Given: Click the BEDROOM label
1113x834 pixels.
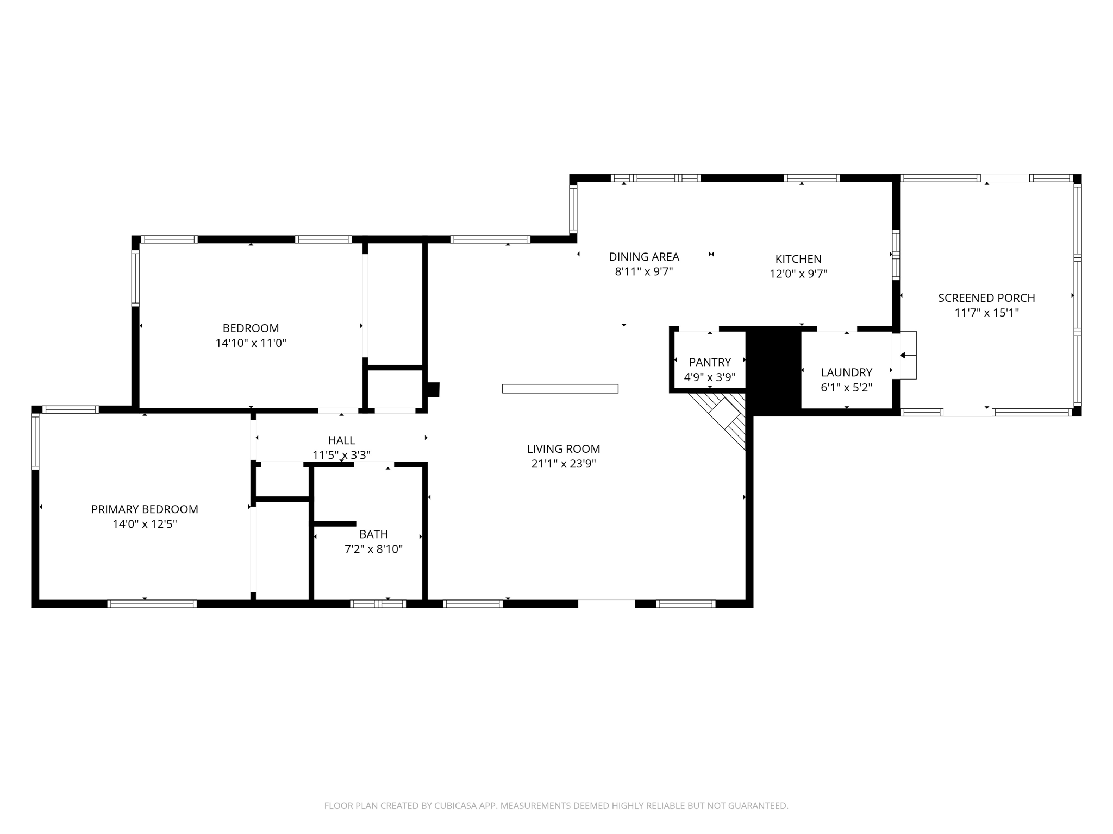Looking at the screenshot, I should point(251,328).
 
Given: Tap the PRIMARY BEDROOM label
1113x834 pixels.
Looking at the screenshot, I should point(145,509).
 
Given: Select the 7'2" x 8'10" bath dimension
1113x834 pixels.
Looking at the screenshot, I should point(373,549).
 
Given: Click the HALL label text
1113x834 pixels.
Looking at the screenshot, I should point(341,440).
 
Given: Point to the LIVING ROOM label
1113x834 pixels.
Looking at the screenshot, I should point(563,449).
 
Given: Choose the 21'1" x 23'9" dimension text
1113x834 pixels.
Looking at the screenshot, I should point(563,464).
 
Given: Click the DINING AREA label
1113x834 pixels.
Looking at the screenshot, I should point(643,257).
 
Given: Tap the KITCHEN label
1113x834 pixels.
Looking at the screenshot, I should point(798,259).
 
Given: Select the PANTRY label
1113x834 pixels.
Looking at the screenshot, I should point(710,362).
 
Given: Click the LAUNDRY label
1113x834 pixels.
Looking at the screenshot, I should point(846,372).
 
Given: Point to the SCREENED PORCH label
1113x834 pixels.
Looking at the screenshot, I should point(986,298).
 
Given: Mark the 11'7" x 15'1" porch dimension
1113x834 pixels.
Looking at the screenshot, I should point(986,313).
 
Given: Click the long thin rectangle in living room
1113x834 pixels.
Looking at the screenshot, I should point(560,388).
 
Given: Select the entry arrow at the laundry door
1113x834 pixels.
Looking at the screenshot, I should point(906,356).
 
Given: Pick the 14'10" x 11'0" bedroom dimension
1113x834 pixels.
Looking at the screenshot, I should point(251,343).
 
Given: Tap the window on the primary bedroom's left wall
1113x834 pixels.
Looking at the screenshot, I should point(35,441).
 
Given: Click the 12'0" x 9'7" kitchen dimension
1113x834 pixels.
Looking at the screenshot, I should point(798,274).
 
